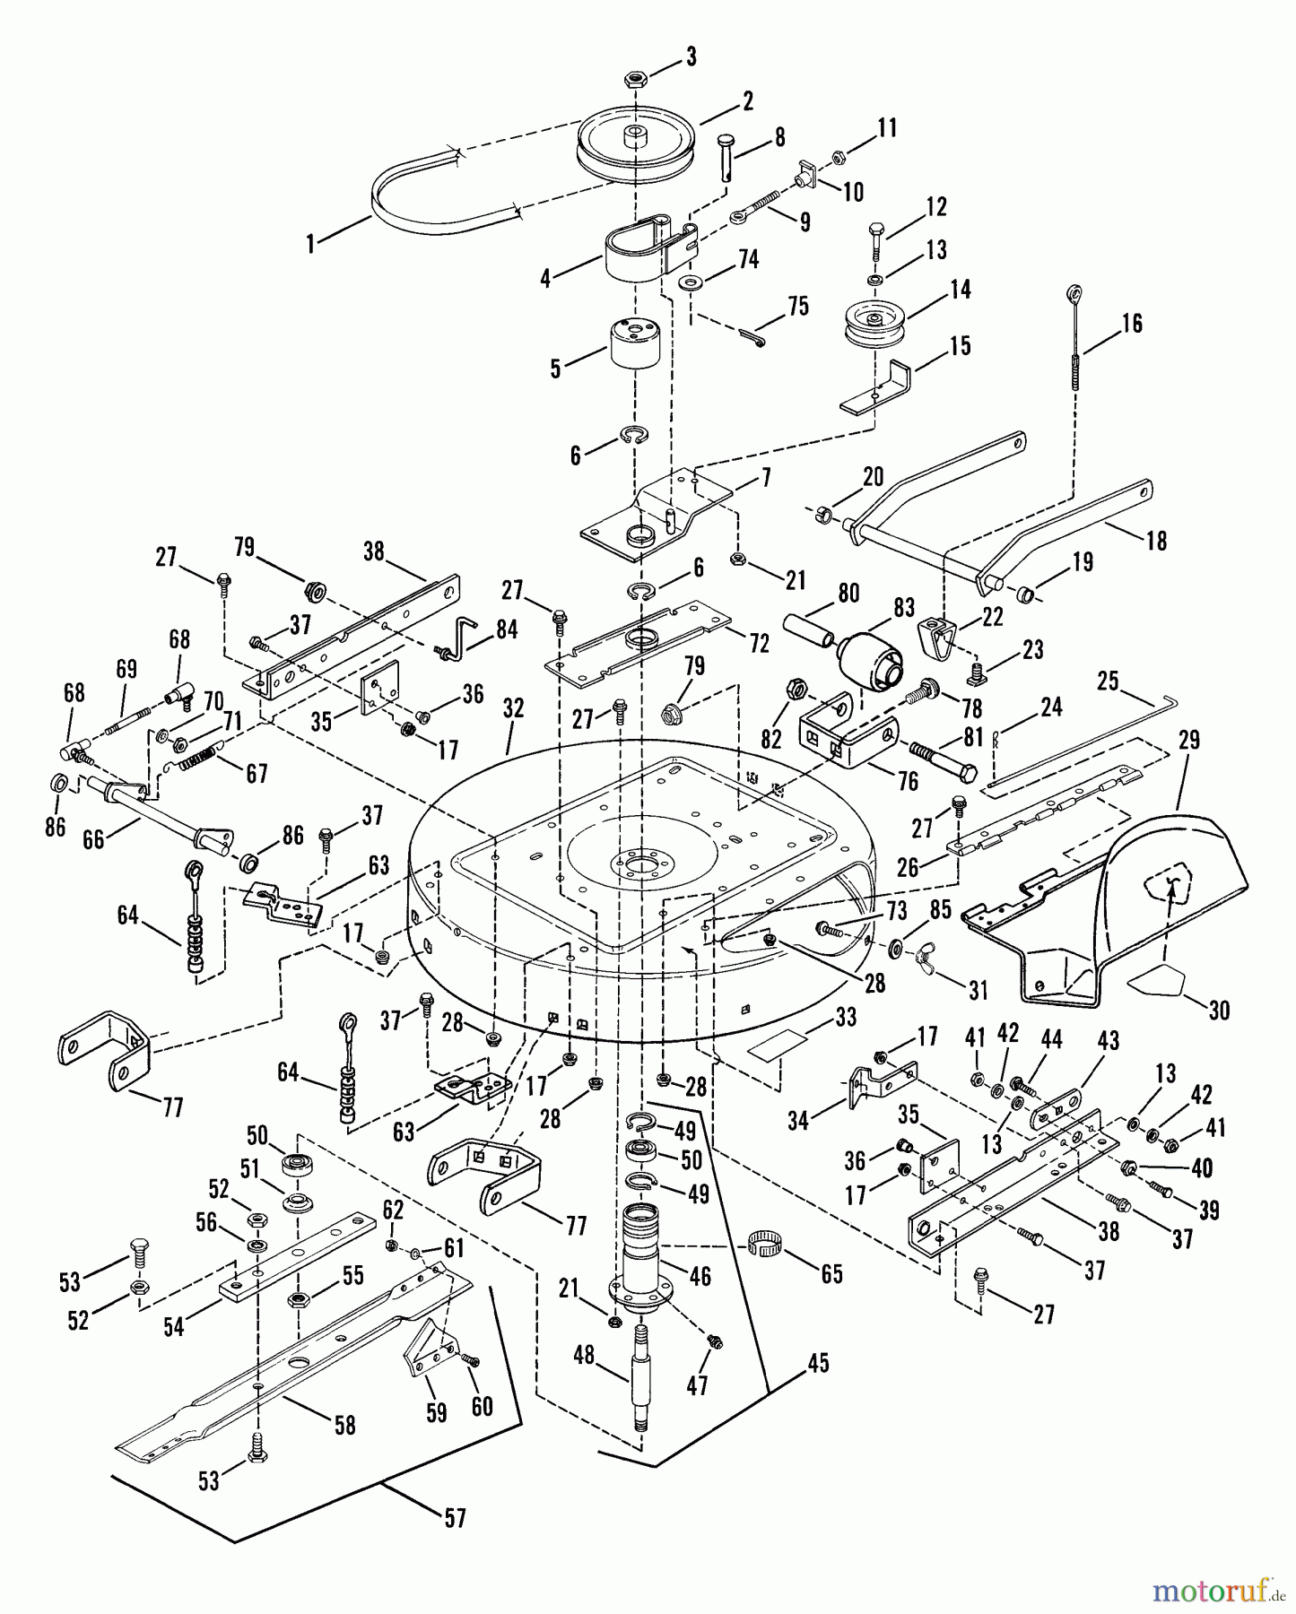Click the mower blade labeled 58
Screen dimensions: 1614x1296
[x=296, y=1363]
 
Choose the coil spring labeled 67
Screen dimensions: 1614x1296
[x=201, y=759]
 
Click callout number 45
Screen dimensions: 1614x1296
[x=818, y=1364]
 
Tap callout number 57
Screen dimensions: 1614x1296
[x=456, y=1519]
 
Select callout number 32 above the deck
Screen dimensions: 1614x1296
[x=513, y=708]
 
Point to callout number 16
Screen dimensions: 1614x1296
[x=1133, y=323]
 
